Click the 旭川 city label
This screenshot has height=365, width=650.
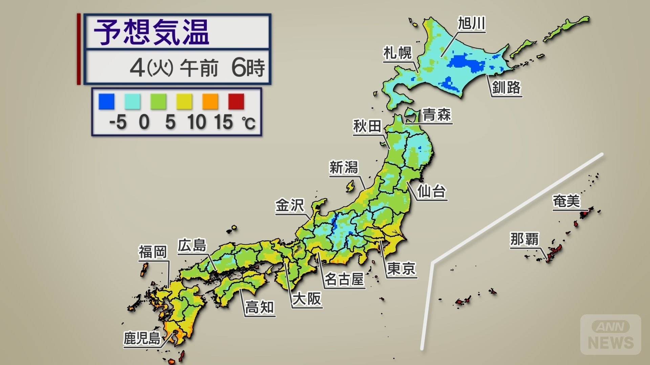pos(472,23)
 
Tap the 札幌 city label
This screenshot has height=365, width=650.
pos(397,53)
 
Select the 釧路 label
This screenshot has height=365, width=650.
pos(506,88)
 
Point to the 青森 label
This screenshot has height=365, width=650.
pos(437,115)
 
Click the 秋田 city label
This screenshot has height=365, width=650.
pos(367,126)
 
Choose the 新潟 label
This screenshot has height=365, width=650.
pos(344,167)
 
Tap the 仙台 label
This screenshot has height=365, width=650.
pos(431,191)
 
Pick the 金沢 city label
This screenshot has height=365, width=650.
pos(290,205)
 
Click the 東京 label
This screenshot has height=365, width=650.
pos(401,269)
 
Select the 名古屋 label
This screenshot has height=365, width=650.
pos(344,279)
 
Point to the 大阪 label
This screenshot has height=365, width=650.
pos(307,299)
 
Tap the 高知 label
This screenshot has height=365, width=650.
pos(260,308)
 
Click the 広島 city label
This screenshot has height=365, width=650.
pos(192,245)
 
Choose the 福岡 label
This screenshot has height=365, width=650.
pos(153,252)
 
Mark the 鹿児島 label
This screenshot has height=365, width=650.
pos(142,338)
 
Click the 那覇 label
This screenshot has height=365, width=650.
pos(524,239)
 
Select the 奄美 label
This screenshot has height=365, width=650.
pos(566,201)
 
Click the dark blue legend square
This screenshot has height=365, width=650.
pos(106,102)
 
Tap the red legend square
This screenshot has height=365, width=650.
pos(236,102)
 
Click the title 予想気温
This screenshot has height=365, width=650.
pos(151,32)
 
